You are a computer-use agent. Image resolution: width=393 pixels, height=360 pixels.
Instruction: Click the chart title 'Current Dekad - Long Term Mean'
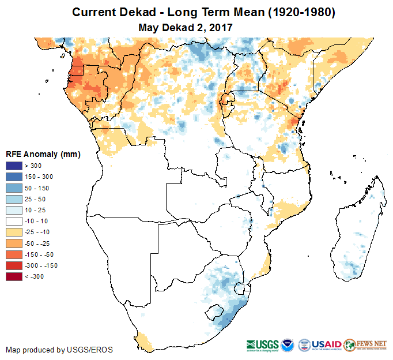tap(203, 12)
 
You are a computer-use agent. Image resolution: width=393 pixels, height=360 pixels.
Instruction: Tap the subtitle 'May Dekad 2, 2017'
tap(186, 27)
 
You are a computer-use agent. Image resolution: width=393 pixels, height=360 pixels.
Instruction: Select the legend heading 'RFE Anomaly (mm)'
tap(43, 154)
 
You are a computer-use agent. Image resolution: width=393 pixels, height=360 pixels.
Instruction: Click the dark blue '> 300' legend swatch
tap(14, 166)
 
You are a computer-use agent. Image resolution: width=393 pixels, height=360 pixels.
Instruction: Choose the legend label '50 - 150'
tap(37, 188)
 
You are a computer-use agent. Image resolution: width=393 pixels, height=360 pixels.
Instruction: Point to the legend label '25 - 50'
tap(35, 199)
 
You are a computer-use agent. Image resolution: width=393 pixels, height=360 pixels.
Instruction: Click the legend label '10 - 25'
tap(35, 210)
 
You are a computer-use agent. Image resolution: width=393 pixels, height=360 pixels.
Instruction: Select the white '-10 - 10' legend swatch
tap(14, 221)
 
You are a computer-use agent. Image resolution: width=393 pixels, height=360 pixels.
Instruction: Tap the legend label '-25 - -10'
tap(38, 232)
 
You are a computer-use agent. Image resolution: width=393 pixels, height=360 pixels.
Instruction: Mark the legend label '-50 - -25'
tap(38, 243)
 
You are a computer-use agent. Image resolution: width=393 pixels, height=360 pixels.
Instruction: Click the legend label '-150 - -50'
tap(40, 254)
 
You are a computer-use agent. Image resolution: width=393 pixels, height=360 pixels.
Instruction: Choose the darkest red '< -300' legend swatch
tap(14, 276)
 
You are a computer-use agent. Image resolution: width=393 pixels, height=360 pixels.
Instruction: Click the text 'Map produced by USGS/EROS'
tap(59, 350)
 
